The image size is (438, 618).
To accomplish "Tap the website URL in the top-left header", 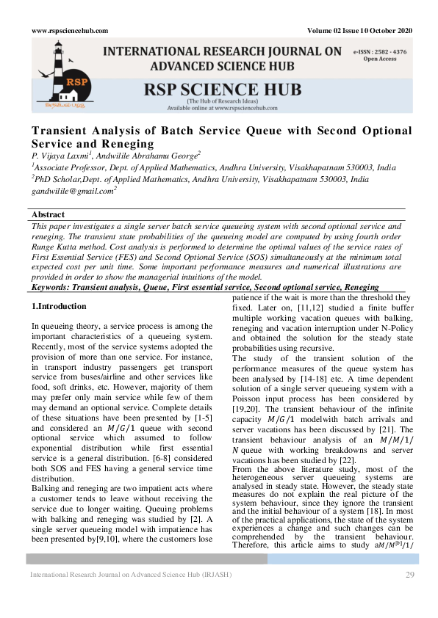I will pyautogui.click(x=70, y=30).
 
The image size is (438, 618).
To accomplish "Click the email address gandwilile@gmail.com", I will pyautogui.click(x=71, y=190).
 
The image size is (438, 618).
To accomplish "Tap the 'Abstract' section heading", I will pyautogui.click(x=48, y=214).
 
